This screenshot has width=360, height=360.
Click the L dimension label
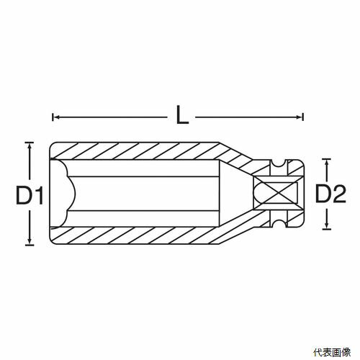coord(182,115)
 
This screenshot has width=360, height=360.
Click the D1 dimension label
coord(30,195)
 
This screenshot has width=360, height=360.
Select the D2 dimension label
coord(330,194)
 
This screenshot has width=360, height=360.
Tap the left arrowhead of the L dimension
coord(56,117)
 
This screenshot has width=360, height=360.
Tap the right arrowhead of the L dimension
coord(300,117)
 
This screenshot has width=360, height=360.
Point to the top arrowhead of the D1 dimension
coord(30,146)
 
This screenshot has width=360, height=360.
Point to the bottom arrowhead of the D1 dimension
coord(30,241)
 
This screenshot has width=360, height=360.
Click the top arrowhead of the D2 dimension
coord(326,163)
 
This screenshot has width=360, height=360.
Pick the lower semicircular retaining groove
coord(279,223)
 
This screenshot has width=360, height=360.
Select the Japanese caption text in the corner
coord(332,352)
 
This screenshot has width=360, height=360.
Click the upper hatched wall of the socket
coord(135,150)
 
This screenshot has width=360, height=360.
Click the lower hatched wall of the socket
coord(135,235)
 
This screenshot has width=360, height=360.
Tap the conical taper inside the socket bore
coord(236,193)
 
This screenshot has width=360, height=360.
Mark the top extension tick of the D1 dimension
coord(30,143)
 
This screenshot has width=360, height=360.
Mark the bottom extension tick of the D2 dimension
coord(326,230)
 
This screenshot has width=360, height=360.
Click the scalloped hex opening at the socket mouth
coord(63,193)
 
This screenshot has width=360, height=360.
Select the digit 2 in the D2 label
coord(339,194)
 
